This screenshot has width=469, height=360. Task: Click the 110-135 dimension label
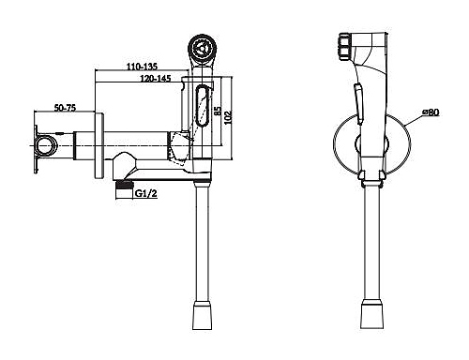tap(142, 67)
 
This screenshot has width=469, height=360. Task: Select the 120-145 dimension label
tap(156, 78)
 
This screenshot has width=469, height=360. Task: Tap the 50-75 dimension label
tap(65, 108)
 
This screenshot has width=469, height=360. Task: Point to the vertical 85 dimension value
tap(218, 112)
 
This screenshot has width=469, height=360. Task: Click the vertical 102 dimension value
tap(229, 117)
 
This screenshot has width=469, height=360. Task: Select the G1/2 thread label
tap(145, 194)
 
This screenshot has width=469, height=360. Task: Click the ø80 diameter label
tap(431, 112)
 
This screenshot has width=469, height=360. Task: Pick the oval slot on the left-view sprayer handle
tap(203, 105)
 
